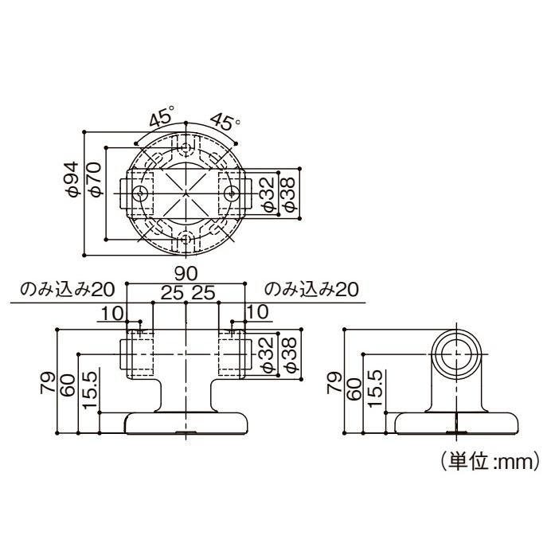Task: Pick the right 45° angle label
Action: pyautogui.click(x=224, y=122)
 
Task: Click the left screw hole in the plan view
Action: pyautogui.click(x=141, y=193)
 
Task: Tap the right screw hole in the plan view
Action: pyautogui.click(x=231, y=193)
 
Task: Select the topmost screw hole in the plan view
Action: pyautogui.click(x=186, y=148)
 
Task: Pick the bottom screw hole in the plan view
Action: pyautogui.click(x=186, y=238)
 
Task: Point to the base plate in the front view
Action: pyautogui.click(x=186, y=424)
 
